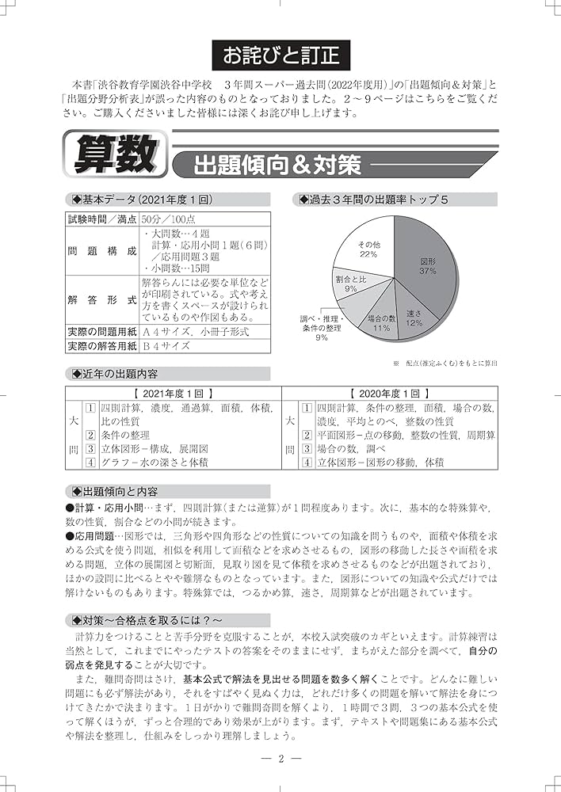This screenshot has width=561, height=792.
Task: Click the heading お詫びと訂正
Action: coord(280,56)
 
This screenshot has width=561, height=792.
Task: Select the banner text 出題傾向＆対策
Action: coord(266,166)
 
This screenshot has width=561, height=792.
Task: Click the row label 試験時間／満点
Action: coord(102,218)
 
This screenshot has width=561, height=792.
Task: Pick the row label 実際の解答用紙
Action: coord(102,345)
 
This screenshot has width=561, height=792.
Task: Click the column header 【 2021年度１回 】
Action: coord(174,392)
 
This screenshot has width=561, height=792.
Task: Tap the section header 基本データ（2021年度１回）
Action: coord(142,200)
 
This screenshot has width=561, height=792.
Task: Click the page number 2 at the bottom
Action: coord(281,758)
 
